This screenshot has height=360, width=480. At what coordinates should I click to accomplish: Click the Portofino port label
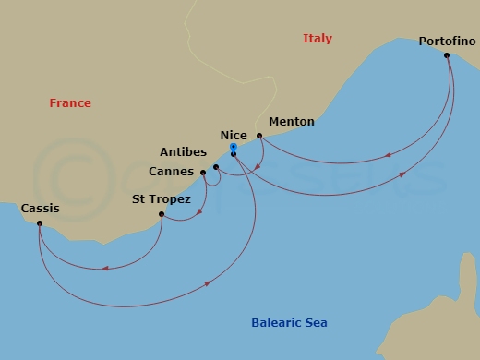447,42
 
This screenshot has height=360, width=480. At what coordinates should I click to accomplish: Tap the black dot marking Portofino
447,55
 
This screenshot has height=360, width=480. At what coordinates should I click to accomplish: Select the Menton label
291,122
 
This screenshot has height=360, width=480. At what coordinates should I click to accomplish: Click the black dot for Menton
259,136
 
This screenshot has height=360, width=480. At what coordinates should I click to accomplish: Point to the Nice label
234,135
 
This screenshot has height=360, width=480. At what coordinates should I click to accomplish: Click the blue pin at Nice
234,148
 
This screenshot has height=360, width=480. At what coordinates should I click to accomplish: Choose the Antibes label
183,152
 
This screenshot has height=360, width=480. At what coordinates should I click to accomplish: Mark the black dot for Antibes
216,167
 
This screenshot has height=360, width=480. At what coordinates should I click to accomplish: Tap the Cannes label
172,172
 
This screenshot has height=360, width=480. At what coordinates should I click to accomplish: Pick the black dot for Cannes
203,173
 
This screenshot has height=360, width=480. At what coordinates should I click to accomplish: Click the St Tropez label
162,199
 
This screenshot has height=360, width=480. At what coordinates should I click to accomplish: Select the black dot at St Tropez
162,215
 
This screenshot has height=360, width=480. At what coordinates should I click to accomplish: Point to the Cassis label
40,209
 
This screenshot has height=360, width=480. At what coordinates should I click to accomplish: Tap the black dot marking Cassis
40,223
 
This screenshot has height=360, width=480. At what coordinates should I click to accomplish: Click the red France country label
70,103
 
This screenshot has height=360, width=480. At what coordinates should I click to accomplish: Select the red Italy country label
317,39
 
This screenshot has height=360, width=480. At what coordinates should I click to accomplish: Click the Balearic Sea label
289,323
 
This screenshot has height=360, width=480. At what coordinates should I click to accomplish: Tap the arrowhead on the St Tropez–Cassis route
106,269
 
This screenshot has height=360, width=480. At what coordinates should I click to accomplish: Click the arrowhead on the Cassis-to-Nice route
207,283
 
